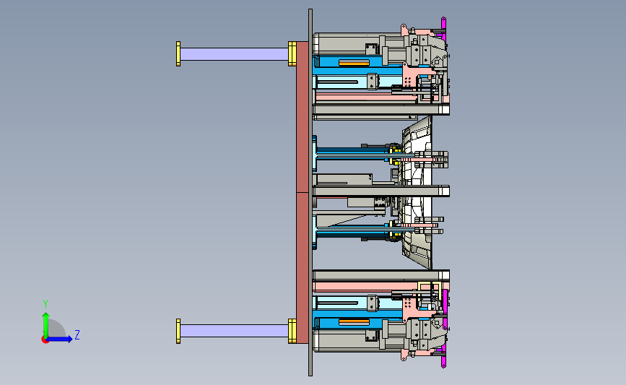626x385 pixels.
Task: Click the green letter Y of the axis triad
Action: click(45, 304)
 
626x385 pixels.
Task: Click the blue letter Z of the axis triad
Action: click(77, 334)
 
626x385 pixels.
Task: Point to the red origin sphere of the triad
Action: click(45, 339)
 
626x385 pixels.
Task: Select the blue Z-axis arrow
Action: click(60, 339)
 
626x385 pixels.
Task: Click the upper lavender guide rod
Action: click(235, 54)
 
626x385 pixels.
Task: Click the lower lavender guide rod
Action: click(235, 331)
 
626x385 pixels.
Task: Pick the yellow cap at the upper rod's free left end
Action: click(178, 54)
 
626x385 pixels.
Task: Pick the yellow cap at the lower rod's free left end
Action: click(178, 331)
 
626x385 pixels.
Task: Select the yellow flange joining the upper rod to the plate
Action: click(292, 53)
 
